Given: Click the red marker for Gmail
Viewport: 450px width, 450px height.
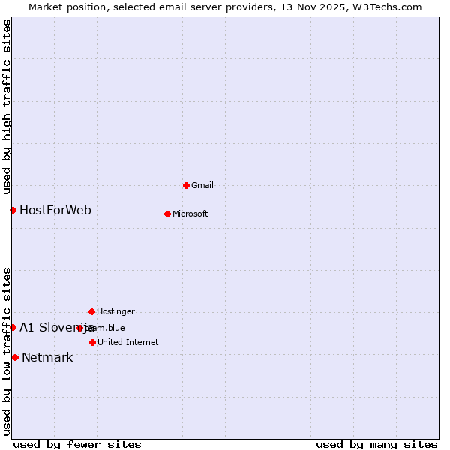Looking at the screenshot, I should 186,185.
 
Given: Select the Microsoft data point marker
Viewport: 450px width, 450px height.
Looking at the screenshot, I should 167,214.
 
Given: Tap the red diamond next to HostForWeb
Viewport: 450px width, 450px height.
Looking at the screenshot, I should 13,210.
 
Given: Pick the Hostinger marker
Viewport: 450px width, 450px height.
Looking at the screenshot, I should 91,311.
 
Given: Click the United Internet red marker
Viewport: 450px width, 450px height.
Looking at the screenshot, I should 92,342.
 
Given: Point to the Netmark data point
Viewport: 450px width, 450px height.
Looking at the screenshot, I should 15,357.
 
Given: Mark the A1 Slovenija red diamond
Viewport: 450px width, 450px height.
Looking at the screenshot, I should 13,327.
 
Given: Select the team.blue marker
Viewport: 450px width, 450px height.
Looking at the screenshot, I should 79,328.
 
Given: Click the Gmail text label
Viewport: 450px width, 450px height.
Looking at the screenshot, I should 202,185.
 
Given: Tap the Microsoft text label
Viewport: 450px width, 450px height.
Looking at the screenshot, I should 190,214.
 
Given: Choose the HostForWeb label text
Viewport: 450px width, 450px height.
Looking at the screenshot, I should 55,210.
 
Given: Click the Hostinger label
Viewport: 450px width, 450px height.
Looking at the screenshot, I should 115,311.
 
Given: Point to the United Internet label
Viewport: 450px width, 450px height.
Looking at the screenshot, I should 127,342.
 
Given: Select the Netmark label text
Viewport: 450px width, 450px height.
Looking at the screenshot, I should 47,357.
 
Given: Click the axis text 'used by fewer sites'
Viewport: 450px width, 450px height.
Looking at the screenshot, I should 77,444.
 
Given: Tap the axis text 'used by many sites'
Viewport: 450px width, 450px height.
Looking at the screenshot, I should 376,444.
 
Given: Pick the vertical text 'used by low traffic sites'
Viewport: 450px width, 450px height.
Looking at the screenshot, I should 7,350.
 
